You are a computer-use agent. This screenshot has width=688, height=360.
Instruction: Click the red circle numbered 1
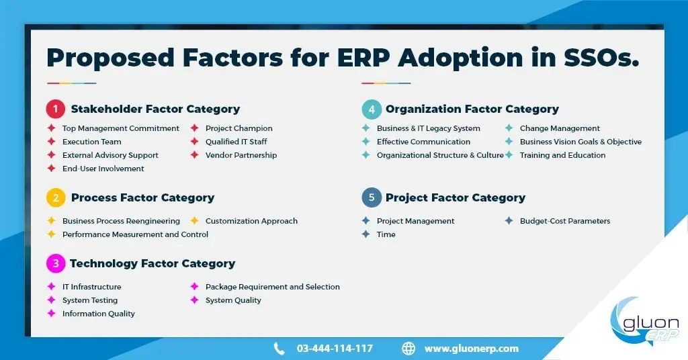[x=56, y=109]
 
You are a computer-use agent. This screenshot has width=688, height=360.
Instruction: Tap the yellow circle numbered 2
[x=56, y=197]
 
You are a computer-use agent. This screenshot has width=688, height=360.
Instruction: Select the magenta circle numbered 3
[x=56, y=263]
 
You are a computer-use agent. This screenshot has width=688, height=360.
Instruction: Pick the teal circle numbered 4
[x=372, y=109]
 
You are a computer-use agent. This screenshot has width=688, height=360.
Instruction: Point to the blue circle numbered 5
[x=372, y=197]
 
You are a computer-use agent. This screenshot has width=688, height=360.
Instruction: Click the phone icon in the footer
[x=279, y=349]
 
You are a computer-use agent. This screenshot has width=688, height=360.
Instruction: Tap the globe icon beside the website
[x=408, y=349]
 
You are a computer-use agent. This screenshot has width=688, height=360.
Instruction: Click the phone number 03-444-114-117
[x=335, y=349]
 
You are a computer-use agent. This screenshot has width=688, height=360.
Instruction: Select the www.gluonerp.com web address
[x=471, y=349]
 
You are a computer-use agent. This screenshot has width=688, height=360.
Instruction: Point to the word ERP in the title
[x=363, y=58]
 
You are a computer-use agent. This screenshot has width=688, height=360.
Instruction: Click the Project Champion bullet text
[x=239, y=128]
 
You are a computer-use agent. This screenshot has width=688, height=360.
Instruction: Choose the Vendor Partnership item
[x=241, y=155]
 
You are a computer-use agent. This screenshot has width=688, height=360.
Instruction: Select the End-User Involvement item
[x=103, y=169]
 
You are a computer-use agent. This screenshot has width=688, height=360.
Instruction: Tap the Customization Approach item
[x=251, y=221]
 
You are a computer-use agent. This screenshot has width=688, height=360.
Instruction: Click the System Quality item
[x=233, y=300]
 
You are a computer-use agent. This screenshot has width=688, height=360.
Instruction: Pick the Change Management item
[x=560, y=128]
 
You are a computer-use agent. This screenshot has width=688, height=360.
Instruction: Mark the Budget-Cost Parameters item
[x=565, y=221]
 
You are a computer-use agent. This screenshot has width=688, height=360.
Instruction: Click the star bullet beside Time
[x=366, y=234]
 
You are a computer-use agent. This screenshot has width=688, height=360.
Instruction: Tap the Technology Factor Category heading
[x=153, y=263]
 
